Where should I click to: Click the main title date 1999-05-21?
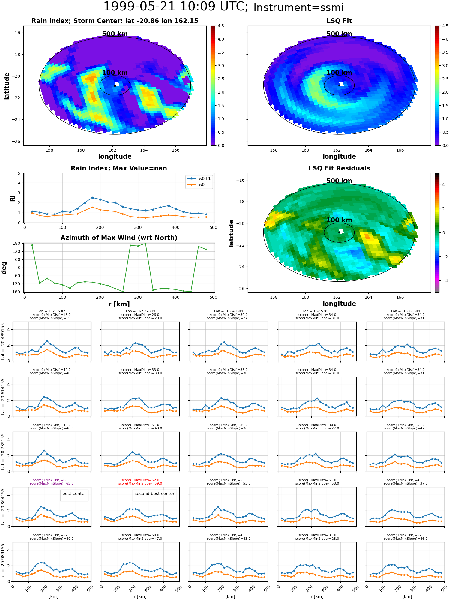pos(146,7)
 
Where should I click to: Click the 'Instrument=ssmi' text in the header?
pos(298,8)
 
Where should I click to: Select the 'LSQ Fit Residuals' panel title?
pos(339,168)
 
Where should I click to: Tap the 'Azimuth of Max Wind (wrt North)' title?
pos(119,238)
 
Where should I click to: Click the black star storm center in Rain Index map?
pos(115,85)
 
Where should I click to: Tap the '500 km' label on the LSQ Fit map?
pos(339,34)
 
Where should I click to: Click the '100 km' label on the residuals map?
pos(339,220)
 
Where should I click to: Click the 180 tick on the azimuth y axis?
pos(17,243)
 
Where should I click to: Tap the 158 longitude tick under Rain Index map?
pos(49,150)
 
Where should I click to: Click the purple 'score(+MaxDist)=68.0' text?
pos(52,480)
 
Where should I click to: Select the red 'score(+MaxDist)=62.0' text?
pos(140,480)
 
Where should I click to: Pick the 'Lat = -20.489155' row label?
pos(3,341)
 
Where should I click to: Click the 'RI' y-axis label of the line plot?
pos(13,198)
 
